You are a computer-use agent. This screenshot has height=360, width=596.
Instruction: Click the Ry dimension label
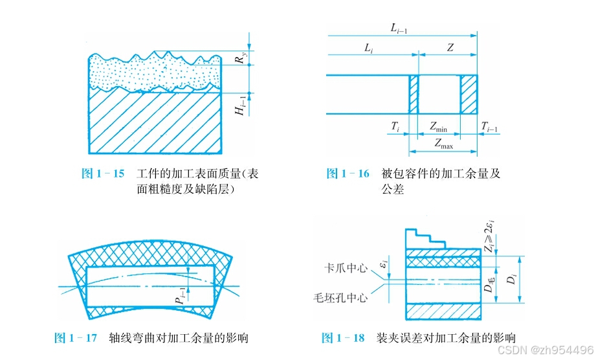click(x=239, y=59)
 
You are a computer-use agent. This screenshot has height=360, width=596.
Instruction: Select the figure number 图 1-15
click(x=102, y=174)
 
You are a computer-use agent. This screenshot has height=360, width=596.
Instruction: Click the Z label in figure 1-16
click(x=450, y=49)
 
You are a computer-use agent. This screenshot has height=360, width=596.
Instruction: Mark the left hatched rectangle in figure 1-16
click(x=414, y=95)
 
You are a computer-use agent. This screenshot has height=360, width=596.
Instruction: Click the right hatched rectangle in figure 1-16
click(x=469, y=95)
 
